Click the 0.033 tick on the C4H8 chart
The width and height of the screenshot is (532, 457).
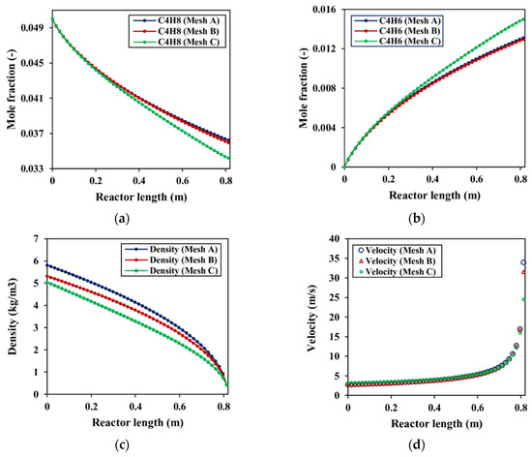[x=31, y=168]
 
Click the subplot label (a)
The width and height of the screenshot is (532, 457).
[x=132, y=216]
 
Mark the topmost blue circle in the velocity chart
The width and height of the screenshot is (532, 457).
[x=523, y=262]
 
